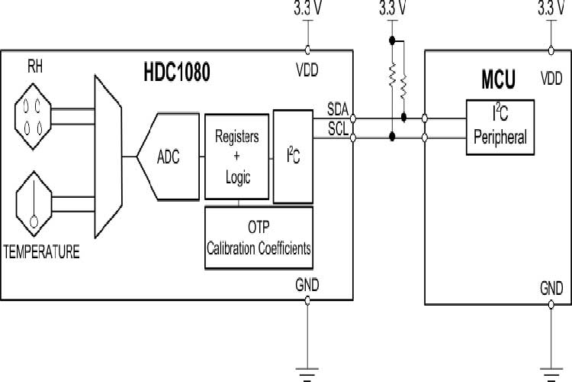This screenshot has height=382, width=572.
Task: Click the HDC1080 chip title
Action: [176, 73]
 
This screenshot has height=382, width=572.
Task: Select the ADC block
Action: [169, 157]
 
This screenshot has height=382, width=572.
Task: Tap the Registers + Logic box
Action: [237, 157]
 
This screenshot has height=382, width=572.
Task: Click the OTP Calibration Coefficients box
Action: [259, 238]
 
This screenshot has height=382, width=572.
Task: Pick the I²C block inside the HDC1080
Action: [293, 157]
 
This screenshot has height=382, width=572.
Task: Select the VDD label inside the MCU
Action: [551, 79]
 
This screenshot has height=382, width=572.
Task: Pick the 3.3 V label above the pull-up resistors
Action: [392, 9]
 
